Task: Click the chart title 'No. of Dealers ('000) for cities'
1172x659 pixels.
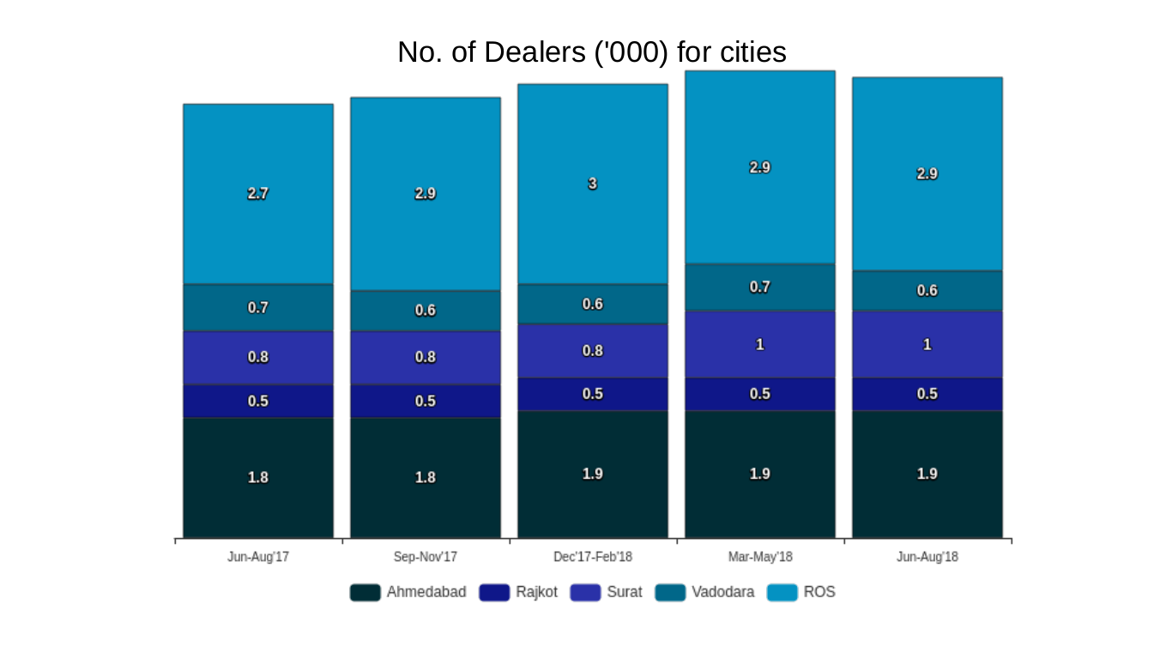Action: pyautogui.click(x=591, y=52)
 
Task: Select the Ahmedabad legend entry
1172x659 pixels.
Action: pyautogui.click(x=408, y=592)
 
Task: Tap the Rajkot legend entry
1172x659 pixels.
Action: pyautogui.click(x=518, y=592)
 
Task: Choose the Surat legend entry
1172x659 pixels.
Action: pyautogui.click(x=606, y=592)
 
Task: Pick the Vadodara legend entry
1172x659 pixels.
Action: pyautogui.click(x=705, y=592)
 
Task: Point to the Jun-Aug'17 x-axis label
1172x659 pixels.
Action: pyautogui.click(x=258, y=557)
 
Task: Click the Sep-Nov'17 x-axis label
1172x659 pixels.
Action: pyautogui.click(x=426, y=557)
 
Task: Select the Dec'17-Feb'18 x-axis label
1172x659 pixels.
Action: pyautogui.click(x=593, y=557)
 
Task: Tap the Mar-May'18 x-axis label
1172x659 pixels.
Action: pyautogui.click(x=760, y=557)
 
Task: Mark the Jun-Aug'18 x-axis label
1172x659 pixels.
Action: pyautogui.click(x=927, y=557)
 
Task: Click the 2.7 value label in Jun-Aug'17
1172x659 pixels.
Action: pyautogui.click(x=258, y=194)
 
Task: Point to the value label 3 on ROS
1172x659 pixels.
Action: pyautogui.click(x=593, y=184)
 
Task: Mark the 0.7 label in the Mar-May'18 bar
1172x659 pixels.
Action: pyautogui.click(x=760, y=287)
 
